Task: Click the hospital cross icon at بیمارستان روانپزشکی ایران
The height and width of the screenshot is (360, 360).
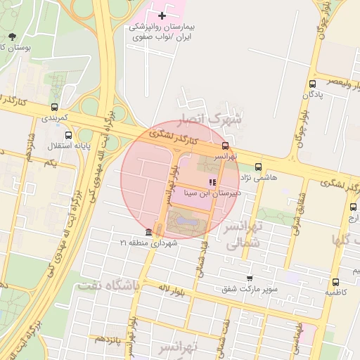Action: pos(162,15)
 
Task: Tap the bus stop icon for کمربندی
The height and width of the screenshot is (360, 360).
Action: pos(54,108)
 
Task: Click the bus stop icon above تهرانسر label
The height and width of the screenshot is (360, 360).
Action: pos(226,146)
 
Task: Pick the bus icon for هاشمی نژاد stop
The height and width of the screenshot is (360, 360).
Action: pos(258,167)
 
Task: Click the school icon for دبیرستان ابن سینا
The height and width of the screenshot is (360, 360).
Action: pos(212,182)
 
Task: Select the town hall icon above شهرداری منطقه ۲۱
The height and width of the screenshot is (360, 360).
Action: pos(148,233)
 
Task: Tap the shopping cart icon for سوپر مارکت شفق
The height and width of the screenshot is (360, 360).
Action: pos(249,278)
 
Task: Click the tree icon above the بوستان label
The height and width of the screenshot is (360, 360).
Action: pos(13,37)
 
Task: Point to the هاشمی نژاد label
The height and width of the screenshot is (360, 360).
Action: pos(262,177)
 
